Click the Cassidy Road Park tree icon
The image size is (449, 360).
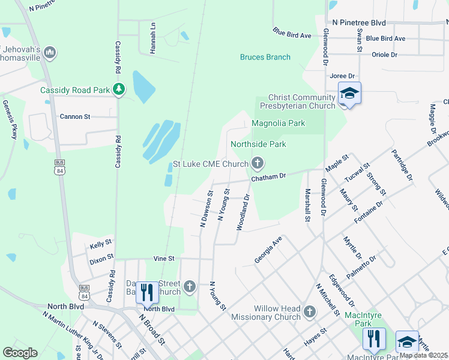click(x=119, y=90)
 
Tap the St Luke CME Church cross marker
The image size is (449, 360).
click(x=258, y=163)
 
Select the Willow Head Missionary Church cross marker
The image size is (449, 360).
click(x=309, y=311)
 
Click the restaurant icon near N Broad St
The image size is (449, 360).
click(x=147, y=292)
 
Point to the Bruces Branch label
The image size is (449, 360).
click(x=265, y=57)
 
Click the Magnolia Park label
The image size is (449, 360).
click(x=278, y=124)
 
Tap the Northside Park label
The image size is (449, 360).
click(x=258, y=145)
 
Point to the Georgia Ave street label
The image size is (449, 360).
click(x=268, y=249)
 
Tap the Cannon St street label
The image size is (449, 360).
click(x=74, y=116)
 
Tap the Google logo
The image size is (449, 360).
click(x=20, y=353)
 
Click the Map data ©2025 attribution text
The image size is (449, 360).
click(x=423, y=355)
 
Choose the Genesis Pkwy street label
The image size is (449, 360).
click(x=10, y=120)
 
